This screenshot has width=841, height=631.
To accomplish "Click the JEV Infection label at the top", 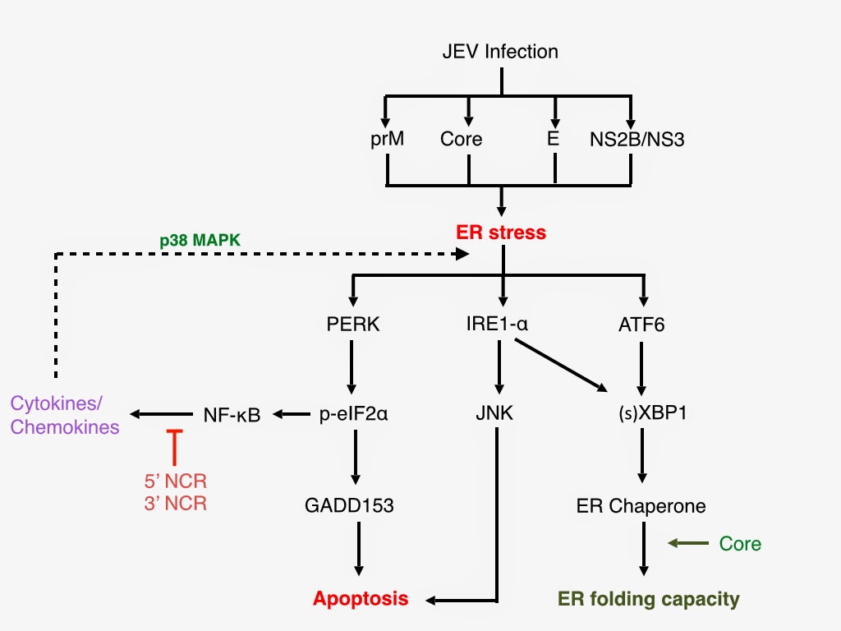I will pyautogui.click(x=499, y=52).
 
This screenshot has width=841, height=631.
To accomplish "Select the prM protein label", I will pyautogui.click(x=387, y=139).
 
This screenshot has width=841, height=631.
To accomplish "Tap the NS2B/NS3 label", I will pyautogui.click(x=636, y=139).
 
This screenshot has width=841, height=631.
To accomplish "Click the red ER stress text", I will pyautogui.click(x=501, y=233).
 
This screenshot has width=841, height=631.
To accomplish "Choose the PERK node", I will pyautogui.click(x=352, y=325).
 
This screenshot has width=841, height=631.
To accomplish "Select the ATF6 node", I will pyautogui.click(x=641, y=325).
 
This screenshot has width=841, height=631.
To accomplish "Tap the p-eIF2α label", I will pyautogui.click(x=353, y=414).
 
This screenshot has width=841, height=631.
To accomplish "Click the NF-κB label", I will pyautogui.click(x=232, y=415).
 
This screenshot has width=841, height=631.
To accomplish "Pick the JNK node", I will pyautogui.click(x=494, y=414).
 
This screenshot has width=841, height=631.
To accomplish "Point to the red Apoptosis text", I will pyautogui.click(x=361, y=598).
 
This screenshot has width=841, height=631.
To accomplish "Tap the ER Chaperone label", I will pyautogui.click(x=641, y=505).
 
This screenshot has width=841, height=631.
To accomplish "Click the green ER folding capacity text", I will pyautogui.click(x=648, y=599).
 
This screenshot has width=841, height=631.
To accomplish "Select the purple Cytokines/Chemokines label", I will pyautogui.click(x=65, y=415).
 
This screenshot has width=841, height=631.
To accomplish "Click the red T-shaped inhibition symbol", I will pyautogui.click(x=174, y=448).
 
